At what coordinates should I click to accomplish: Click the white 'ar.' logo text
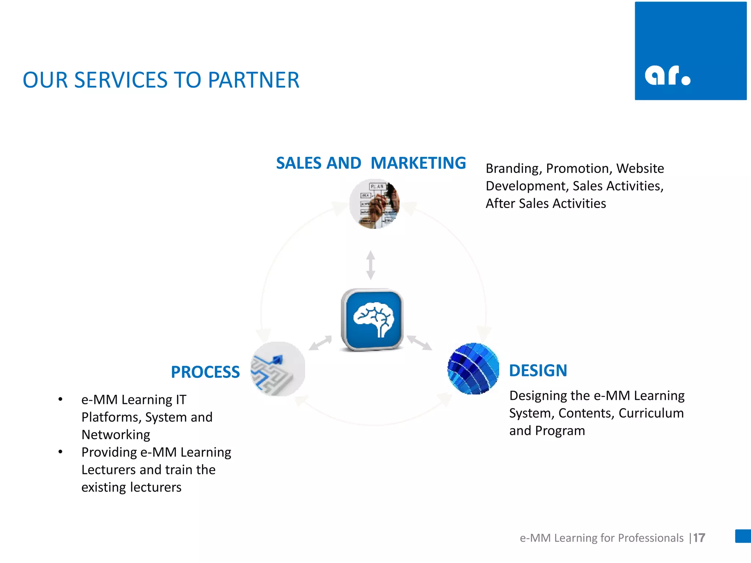[667, 76]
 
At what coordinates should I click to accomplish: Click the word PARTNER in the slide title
[253, 80]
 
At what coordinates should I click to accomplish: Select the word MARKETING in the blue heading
[418, 163]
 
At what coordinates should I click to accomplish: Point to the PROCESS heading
[205, 372]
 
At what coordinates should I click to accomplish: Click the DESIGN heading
[538, 371]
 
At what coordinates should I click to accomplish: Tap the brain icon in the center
[372, 319]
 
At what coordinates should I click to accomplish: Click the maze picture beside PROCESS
[278, 369]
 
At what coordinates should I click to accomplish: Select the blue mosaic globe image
[473, 369]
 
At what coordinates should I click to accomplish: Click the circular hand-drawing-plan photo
[374, 204]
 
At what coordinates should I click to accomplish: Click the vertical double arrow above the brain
[371, 265]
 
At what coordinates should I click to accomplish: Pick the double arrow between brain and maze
[320, 343]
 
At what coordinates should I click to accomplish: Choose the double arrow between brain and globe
[420, 343]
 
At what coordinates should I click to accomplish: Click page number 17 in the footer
[699, 538]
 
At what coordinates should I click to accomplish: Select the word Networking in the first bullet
[116, 435]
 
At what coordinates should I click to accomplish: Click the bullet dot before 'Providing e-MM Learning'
[61, 452]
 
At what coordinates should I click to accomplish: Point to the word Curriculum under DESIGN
[651, 413]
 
